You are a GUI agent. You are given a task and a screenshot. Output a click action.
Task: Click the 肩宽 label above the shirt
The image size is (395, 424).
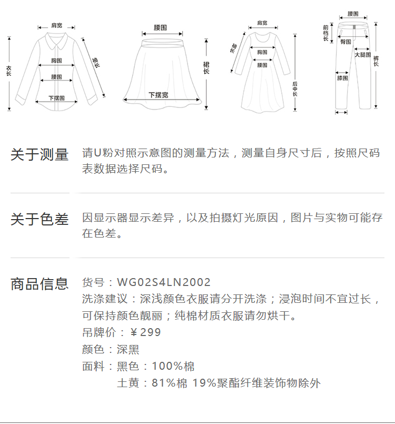57,25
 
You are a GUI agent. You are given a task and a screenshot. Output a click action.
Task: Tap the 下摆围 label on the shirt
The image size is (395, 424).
56,98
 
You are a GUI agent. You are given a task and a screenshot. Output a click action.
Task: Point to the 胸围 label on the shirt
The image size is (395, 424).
57,61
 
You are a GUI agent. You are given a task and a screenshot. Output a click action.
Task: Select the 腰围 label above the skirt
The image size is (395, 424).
161,27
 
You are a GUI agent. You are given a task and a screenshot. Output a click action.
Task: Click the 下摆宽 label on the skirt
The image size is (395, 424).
158,95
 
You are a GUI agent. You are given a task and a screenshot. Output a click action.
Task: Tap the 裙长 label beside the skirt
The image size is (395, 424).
206,67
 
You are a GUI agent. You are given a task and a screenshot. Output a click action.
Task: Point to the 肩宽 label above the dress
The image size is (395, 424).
262,23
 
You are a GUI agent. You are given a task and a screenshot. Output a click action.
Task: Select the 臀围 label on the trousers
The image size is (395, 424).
346,42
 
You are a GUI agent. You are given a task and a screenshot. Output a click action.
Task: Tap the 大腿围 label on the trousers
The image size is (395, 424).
362,55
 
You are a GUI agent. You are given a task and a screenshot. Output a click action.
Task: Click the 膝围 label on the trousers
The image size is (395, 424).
342,78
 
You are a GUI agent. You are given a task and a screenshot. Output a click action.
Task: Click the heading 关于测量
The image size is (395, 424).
39,155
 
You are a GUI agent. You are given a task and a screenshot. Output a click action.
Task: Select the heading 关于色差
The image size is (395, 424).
39,220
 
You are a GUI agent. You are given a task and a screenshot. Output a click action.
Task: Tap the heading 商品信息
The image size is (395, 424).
39,284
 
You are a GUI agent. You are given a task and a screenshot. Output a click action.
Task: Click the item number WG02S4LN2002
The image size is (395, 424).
164,283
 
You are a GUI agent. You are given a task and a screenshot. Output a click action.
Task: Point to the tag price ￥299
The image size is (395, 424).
145,332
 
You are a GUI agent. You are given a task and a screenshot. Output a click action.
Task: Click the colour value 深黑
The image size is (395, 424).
128,349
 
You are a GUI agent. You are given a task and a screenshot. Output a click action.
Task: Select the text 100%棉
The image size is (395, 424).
173,366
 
